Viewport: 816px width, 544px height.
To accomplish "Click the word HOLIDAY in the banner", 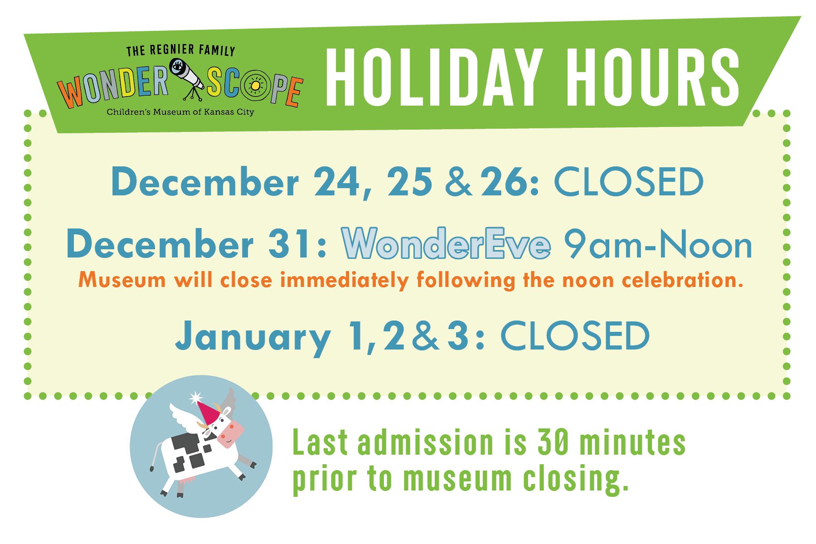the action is (x=434, y=77).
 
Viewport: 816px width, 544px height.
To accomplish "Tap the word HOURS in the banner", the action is (x=653, y=77).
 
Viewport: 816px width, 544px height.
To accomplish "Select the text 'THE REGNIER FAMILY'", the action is (x=180, y=50).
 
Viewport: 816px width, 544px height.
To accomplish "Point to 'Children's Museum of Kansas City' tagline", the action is (x=180, y=112).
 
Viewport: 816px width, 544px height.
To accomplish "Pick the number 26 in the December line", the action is (x=505, y=182).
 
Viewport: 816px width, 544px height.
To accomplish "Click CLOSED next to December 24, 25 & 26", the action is (x=629, y=182).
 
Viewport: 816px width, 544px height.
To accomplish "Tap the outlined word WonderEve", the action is (x=447, y=243).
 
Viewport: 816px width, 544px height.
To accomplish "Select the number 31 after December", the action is (x=290, y=244).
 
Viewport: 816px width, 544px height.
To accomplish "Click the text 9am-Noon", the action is (x=658, y=244).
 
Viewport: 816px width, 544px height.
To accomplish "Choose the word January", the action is (x=253, y=336).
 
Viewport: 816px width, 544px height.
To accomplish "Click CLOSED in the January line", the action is (x=575, y=335).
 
